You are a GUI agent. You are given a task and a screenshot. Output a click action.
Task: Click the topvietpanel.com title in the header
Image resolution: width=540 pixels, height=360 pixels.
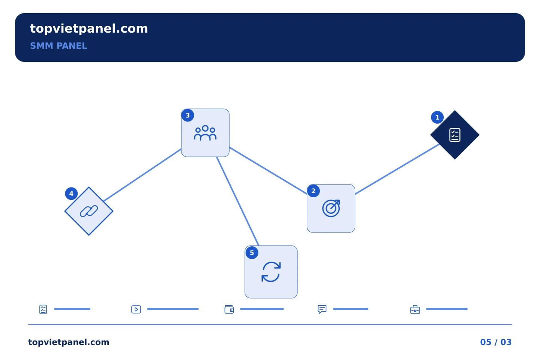(x=89, y=29)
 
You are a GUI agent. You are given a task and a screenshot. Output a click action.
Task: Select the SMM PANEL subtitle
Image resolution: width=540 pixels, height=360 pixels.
(x=58, y=46)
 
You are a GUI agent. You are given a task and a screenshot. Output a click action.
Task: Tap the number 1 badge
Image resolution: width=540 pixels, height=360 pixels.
(x=437, y=117)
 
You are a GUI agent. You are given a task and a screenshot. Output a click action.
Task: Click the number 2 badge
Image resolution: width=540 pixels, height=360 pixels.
(x=313, y=191)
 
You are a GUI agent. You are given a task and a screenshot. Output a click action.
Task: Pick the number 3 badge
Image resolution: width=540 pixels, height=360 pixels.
(x=187, y=115)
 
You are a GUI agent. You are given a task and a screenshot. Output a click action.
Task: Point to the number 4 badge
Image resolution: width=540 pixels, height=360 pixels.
(x=71, y=193)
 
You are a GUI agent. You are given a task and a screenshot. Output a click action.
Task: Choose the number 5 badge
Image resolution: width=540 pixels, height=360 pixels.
(x=252, y=253)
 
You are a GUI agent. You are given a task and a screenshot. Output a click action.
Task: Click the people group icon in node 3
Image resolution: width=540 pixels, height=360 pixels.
(x=205, y=133)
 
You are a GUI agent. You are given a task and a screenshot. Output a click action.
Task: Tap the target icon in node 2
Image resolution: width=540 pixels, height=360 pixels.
(x=331, y=208)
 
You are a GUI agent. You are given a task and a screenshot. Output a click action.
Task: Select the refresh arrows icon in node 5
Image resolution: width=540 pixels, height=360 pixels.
(x=271, y=272)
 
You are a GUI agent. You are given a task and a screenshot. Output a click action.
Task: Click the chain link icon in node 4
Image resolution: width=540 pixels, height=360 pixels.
(x=89, y=211)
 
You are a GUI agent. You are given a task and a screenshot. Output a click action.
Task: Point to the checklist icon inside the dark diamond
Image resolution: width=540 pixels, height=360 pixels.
(x=454, y=135)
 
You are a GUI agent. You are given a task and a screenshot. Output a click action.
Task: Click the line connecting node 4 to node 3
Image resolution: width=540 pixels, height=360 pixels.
(x=142, y=175)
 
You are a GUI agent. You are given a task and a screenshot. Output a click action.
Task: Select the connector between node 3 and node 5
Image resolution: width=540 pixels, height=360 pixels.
(x=237, y=201)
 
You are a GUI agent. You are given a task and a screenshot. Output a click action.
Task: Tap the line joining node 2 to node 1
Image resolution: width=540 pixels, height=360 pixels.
(x=397, y=169)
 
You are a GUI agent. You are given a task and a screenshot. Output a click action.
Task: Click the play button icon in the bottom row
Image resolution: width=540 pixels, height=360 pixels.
(x=136, y=309)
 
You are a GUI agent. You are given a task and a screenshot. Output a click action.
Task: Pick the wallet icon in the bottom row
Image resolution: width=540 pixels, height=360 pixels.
(x=229, y=309)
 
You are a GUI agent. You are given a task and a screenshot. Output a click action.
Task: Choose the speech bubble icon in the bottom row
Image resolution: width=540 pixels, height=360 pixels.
(x=322, y=309)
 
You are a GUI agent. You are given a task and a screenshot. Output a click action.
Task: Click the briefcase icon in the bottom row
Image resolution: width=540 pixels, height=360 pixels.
(x=415, y=309)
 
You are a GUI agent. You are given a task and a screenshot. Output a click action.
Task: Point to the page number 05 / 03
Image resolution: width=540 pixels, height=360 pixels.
(x=496, y=342)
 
